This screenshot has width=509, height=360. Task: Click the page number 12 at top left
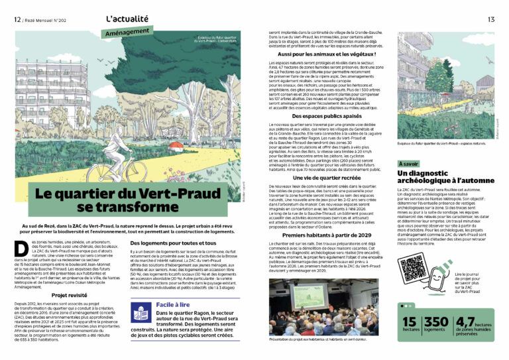[17, 19]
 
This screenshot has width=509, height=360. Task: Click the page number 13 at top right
[491, 19]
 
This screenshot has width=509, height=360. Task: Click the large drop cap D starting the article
[20, 248]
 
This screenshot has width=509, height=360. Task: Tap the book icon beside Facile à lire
[140, 312]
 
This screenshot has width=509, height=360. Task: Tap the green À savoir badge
[409, 163]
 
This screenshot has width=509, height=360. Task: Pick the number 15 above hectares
[410, 323]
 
